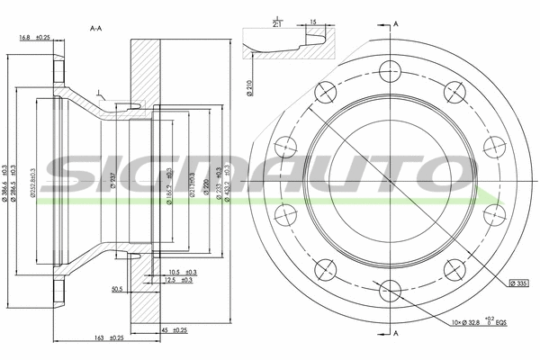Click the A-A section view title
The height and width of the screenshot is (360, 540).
pos(95,29)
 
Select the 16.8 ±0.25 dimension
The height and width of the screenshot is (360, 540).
pos(34,37)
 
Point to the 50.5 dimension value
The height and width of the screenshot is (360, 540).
pos(116,290)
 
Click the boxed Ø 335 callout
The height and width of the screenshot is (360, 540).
pos(516,283)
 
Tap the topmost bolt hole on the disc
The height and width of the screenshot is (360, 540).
pos(389,69)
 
